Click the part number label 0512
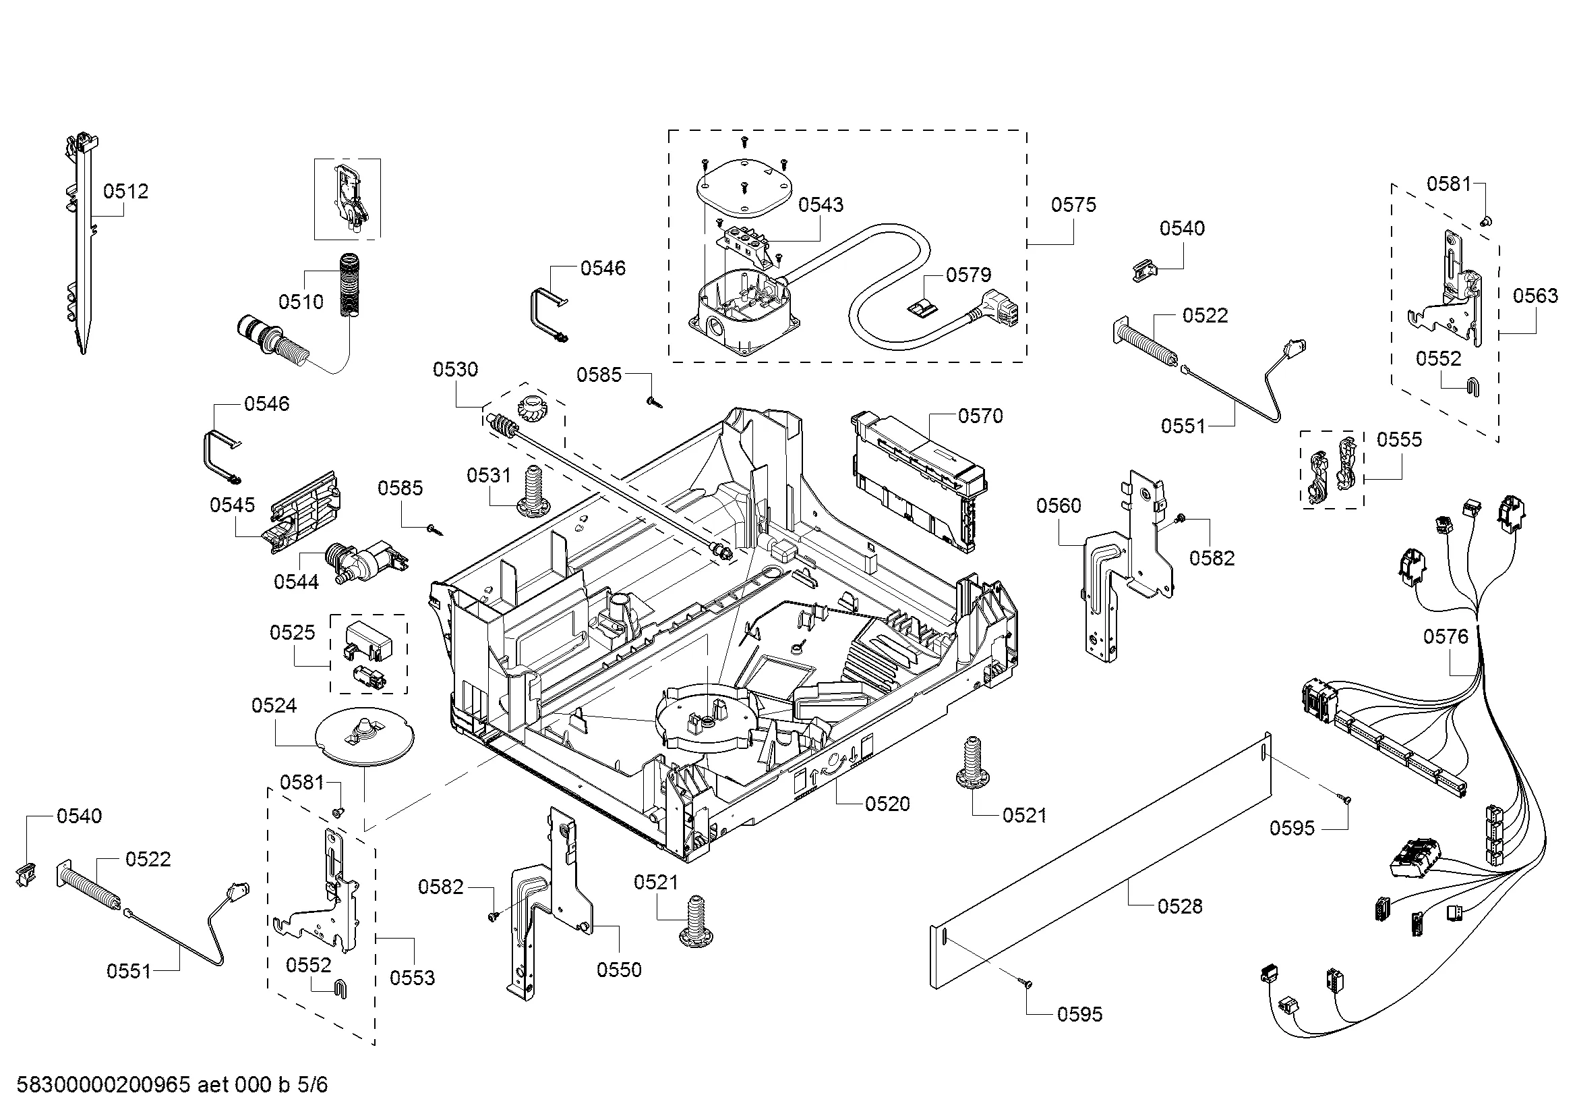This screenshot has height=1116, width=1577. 125,191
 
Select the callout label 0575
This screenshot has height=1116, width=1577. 1073,205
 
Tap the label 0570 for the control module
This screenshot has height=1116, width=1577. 980,416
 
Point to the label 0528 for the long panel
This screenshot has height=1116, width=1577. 1180,906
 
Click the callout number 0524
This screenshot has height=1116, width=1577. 274,705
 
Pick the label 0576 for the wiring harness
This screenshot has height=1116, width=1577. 1446,636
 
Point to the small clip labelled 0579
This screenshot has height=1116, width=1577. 920,305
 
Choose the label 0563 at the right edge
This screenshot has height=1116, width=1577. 1536,296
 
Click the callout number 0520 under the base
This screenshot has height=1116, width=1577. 887,804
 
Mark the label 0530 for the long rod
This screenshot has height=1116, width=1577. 455,370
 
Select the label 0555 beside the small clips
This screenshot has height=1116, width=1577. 1399,439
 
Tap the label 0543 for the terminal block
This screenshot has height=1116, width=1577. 821,205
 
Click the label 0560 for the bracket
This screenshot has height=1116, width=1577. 1059,506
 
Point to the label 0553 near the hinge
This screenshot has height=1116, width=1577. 412,977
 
